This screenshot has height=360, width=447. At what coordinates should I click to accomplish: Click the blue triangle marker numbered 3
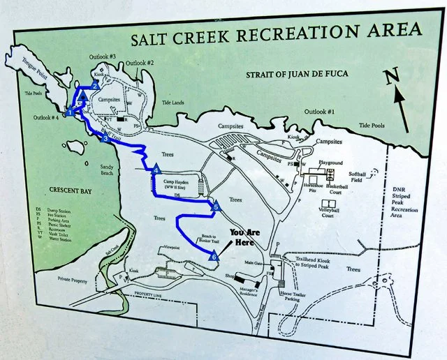pyautogui.click(x=105, y=139)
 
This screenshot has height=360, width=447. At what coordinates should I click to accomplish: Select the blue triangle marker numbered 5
pyautogui.click(x=216, y=207)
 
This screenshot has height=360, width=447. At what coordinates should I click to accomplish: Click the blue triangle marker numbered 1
pyautogui.click(x=71, y=112)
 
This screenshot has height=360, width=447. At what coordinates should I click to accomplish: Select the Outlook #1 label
pyautogui.click(x=321, y=112)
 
